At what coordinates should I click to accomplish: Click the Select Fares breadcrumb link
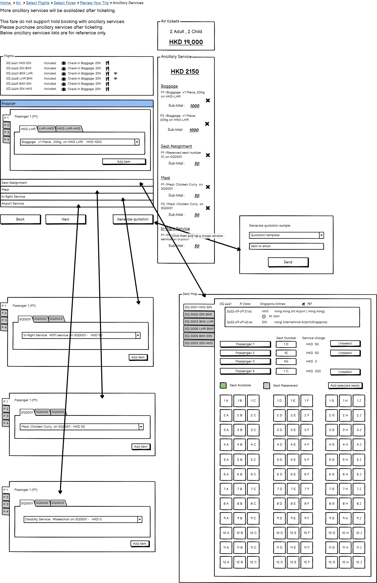65,3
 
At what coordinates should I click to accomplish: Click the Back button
21,219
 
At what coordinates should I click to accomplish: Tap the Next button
66,219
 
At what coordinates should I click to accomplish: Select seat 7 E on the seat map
293,489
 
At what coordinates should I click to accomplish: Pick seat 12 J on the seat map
359,562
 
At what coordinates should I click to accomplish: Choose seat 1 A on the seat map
226,401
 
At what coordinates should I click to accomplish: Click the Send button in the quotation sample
288,262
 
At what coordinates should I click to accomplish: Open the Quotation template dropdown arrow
321,235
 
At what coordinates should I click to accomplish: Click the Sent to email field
286,246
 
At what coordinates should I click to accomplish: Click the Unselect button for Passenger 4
345,372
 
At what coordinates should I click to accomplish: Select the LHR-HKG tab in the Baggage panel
47,129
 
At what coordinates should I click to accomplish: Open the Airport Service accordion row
77,204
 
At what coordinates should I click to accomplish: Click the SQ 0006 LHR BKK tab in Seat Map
199,329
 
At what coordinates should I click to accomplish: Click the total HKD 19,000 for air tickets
186,42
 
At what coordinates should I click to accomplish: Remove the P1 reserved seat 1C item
208,155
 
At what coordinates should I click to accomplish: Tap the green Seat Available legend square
223,385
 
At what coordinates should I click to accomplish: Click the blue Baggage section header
77,103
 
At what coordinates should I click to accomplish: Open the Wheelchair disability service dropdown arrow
140,519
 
